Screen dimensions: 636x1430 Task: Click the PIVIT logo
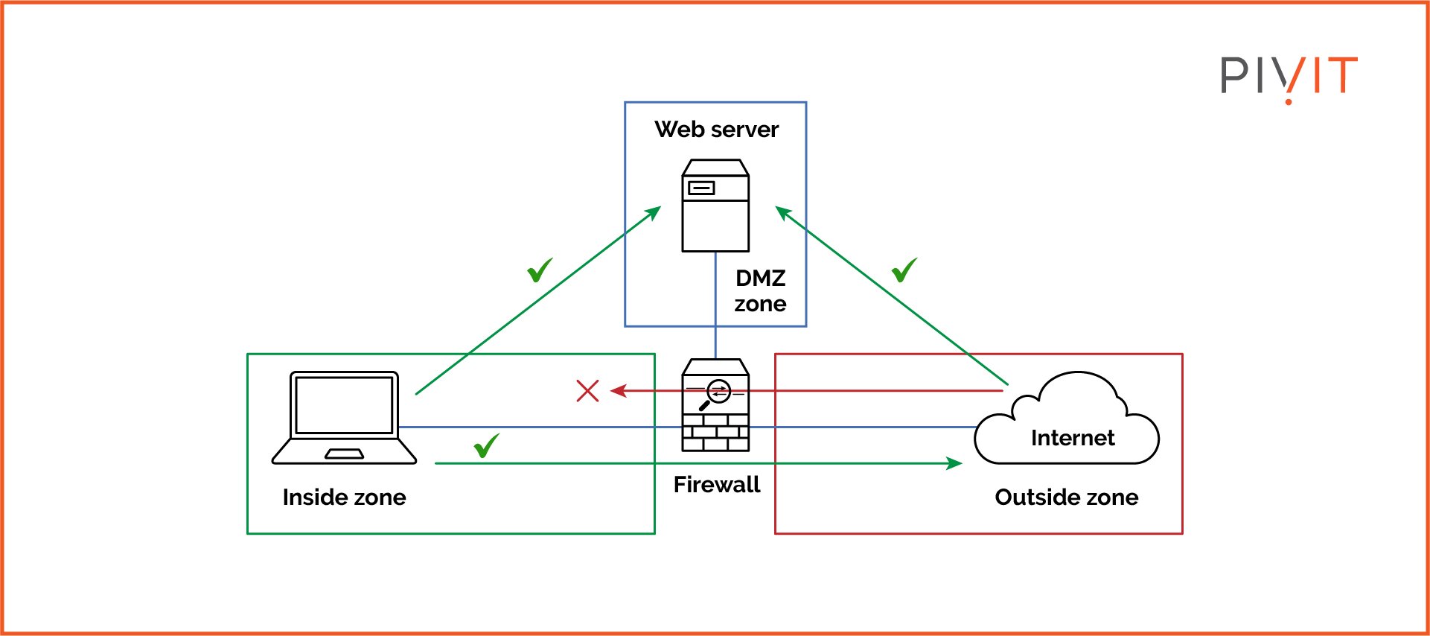[1289, 77]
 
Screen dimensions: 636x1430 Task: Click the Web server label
[716, 130]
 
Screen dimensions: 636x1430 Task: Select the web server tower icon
[715, 206]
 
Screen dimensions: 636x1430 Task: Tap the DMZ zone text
[760, 290]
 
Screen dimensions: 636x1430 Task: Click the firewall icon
[715, 405]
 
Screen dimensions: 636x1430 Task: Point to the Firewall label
[716, 485]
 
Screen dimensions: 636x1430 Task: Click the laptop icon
[344, 418]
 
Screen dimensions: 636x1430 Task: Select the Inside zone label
[344, 497]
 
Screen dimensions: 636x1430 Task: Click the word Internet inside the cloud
[1073, 438]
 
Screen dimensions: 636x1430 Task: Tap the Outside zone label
[1066, 497]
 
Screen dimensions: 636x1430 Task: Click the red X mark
[587, 391]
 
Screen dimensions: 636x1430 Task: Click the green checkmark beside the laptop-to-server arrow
[540, 270]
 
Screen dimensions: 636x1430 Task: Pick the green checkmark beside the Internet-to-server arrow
[904, 270]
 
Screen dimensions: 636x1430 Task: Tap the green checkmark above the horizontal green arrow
[486, 446]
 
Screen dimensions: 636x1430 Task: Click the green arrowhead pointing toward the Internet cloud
[954, 463]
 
